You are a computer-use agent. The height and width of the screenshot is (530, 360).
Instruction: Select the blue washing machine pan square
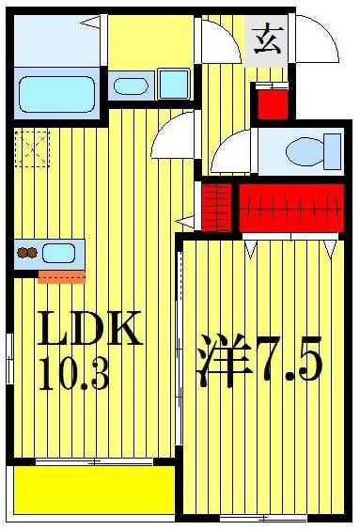tap(173, 86)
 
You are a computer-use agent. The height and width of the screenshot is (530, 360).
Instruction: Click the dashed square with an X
tap(31, 148)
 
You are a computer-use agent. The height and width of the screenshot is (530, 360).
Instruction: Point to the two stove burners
tap(27, 252)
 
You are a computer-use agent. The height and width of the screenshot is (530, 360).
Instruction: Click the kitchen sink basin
tap(61, 252)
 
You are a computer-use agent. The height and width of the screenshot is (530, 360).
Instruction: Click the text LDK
tap(89, 332)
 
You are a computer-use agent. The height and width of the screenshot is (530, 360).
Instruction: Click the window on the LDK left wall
tap(8, 357)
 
